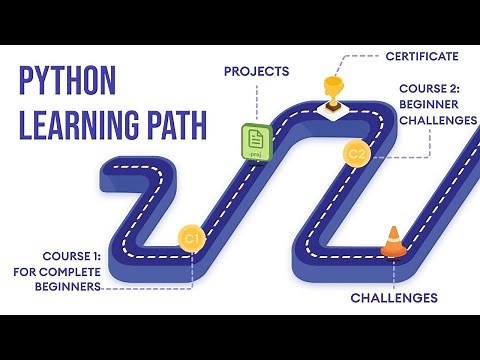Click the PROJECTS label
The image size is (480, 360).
click(256, 71)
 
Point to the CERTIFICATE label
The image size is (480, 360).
click(422, 56)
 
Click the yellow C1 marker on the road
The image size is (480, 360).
click(191, 238)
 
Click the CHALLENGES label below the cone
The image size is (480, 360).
click(394, 297)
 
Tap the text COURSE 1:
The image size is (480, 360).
click(72, 254)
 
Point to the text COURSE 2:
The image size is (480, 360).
click(431, 87)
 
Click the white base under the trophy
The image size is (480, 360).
click(332, 106)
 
